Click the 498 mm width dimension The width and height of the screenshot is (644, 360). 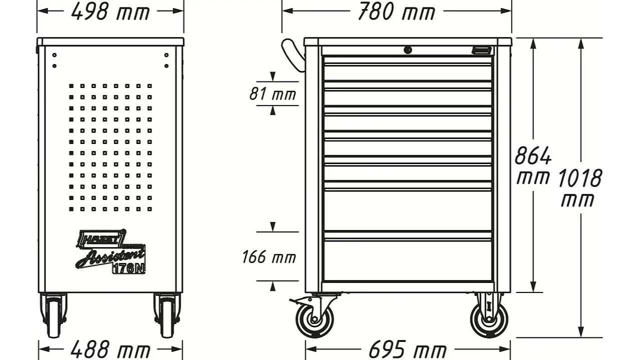coord(111,12)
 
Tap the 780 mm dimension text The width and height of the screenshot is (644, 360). coord(396,12)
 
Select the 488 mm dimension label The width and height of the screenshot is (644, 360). coord(111,350)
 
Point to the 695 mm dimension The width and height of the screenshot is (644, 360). coord(407,350)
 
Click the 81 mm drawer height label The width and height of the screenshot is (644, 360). coord(273,94)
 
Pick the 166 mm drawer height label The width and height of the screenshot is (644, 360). coord(269,257)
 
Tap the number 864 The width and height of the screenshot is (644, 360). coord(533,155)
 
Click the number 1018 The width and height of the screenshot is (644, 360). coord(579,178)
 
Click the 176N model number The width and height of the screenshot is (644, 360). coord(129,268)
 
